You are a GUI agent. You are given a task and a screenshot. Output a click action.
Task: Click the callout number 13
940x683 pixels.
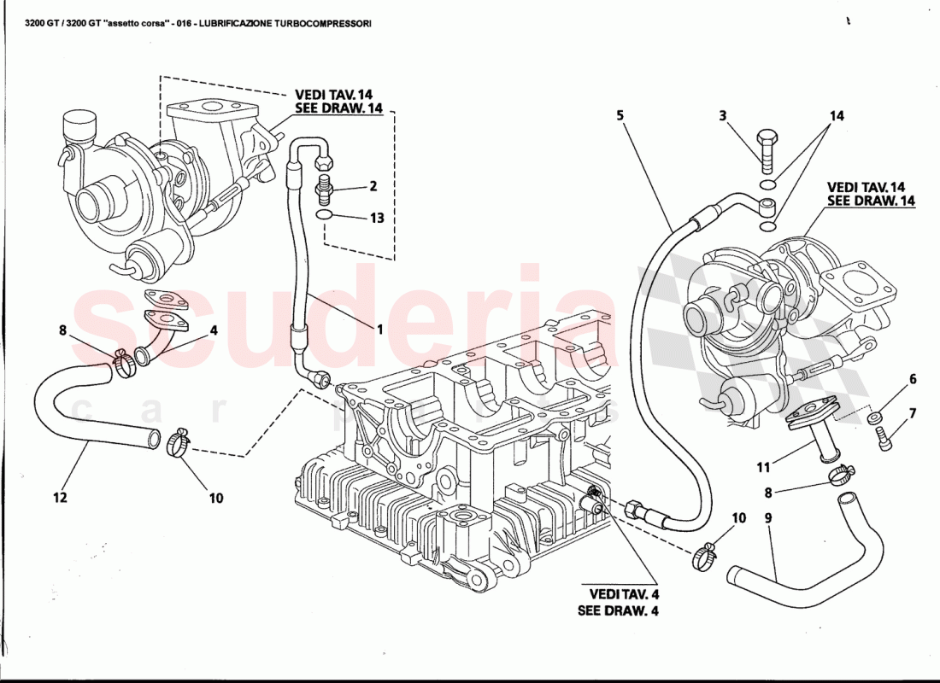click(377, 218)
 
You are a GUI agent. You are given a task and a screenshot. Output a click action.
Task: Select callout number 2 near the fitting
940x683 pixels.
click(373, 185)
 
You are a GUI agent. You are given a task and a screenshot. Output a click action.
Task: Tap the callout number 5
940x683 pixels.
click(621, 116)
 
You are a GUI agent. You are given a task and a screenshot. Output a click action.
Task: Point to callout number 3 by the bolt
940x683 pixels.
click(722, 115)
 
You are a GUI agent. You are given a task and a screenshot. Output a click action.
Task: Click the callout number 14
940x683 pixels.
click(837, 115)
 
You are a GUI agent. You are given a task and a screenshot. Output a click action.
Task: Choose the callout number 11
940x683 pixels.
click(763, 467)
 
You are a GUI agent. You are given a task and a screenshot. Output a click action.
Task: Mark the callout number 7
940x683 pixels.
click(912, 414)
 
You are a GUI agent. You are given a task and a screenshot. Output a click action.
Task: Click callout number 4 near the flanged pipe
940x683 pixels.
click(214, 330)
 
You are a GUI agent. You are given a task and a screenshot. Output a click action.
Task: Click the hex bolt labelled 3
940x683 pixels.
click(767, 149)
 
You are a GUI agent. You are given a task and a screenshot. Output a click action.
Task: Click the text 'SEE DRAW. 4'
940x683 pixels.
click(617, 610)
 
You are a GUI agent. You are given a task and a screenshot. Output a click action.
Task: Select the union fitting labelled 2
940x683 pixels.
click(325, 185)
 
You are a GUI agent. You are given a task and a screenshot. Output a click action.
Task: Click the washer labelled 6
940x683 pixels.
click(875, 417)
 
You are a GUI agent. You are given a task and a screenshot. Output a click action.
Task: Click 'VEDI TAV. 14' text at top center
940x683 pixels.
click(334, 95)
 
